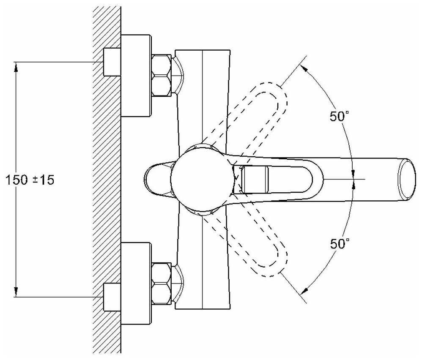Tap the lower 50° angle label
(x=340, y=244)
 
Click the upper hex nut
(x=162, y=75)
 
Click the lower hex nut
(x=162, y=284)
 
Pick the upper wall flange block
(x=136, y=75)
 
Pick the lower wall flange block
(x=136, y=284)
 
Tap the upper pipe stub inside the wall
(x=112, y=62)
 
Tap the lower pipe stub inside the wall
(x=112, y=297)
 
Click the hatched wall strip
(x=107, y=180)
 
